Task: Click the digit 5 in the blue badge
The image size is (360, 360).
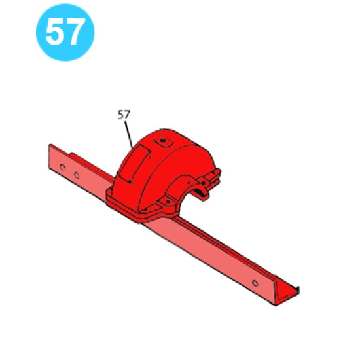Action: (54, 31)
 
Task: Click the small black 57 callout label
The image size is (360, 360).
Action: (124, 115)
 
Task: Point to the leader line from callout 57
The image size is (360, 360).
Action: (129, 135)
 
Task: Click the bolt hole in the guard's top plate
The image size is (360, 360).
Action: (163, 140)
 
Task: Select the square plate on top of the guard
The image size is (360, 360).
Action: (163, 141)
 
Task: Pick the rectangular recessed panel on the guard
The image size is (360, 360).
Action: (134, 164)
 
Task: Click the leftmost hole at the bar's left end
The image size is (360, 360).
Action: (62, 167)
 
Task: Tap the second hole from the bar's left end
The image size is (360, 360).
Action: (77, 175)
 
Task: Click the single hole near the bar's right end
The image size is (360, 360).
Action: (255, 283)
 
